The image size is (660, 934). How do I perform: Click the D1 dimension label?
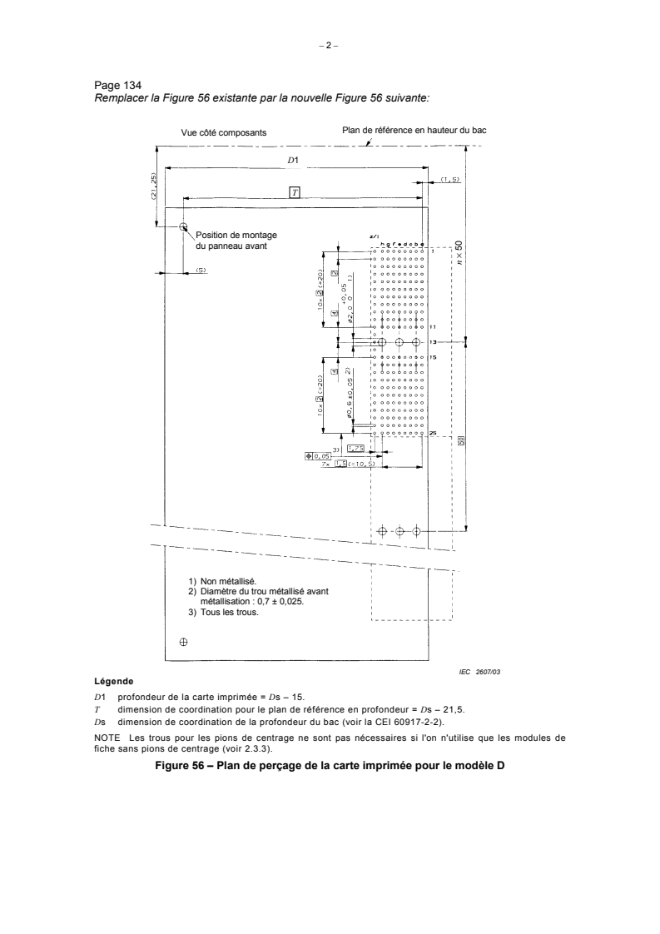tap(293, 159)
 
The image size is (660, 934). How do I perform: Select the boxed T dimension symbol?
tap(294, 191)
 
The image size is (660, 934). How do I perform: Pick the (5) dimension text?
tap(201, 270)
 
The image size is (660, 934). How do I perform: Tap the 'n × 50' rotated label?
tap(459, 253)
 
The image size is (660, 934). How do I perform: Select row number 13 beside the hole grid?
tap(433, 342)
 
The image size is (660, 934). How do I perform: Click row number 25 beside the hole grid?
tap(433, 433)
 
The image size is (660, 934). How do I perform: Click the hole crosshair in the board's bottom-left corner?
tap(184, 641)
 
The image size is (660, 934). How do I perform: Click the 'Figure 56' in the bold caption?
tap(180, 765)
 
